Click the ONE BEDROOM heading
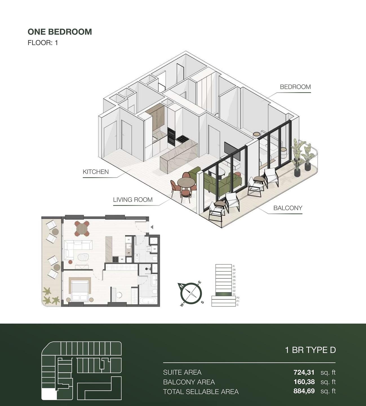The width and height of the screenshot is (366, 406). [60, 32]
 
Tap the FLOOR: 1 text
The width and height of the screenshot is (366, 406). [43, 43]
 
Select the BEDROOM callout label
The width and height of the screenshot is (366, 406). [295, 87]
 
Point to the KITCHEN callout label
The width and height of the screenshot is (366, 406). [96, 172]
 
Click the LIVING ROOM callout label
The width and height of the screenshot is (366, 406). [133, 200]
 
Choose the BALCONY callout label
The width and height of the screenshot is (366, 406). [288, 208]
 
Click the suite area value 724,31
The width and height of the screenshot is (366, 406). [304, 372]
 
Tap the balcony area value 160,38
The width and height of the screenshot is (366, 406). [304, 382]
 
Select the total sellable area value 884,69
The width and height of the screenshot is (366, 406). [304, 391]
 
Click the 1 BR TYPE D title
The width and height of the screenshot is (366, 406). [310, 350]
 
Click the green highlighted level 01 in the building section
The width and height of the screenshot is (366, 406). [223, 294]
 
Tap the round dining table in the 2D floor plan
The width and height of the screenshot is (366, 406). [82, 228]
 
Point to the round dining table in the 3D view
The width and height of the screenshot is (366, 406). [186, 183]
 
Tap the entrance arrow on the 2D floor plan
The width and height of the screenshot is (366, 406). [152, 227]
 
